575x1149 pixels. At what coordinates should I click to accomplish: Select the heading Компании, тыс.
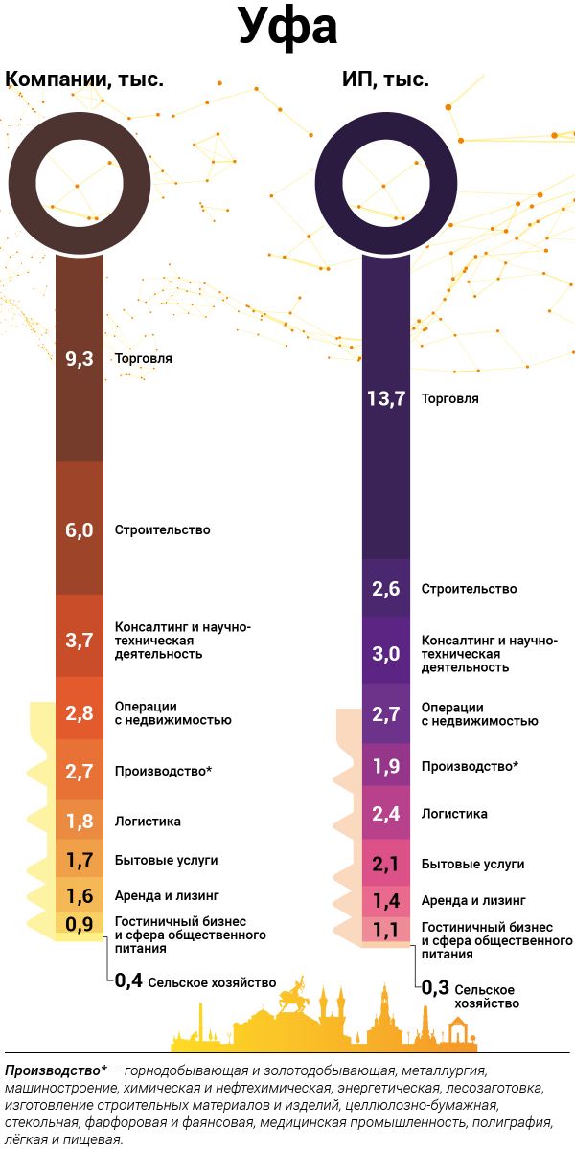pyautogui.click(x=85, y=79)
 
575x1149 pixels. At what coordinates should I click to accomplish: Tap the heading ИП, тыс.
pyautogui.click(x=385, y=79)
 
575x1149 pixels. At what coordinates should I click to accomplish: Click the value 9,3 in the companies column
pyautogui.click(x=80, y=359)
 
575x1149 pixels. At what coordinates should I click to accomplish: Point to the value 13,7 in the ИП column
pyautogui.click(x=386, y=398)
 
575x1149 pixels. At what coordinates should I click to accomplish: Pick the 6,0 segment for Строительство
pyautogui.click(x=80, y=529)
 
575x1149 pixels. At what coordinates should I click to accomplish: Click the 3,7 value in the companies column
pyautogui.click(x=80, y=641)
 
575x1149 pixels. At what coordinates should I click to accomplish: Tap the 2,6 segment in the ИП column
pyautogui.click(x=386, y=589)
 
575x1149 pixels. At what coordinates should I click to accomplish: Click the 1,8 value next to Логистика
pyautogui.click(x=80, y=821)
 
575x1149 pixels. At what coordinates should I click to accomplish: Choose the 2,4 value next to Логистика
pyautogui.click(x=386, y=814)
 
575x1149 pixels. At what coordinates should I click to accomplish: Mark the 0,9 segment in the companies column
pyautogui.click(x=80, y=924)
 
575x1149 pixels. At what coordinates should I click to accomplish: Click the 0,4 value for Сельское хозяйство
pyautogui.click(x=127, y=980)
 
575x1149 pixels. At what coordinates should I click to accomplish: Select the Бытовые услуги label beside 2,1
pyautogui.click(x=472, y=864)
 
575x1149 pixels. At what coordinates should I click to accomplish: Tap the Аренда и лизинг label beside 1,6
pyautogui.click(x=167, y=896)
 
